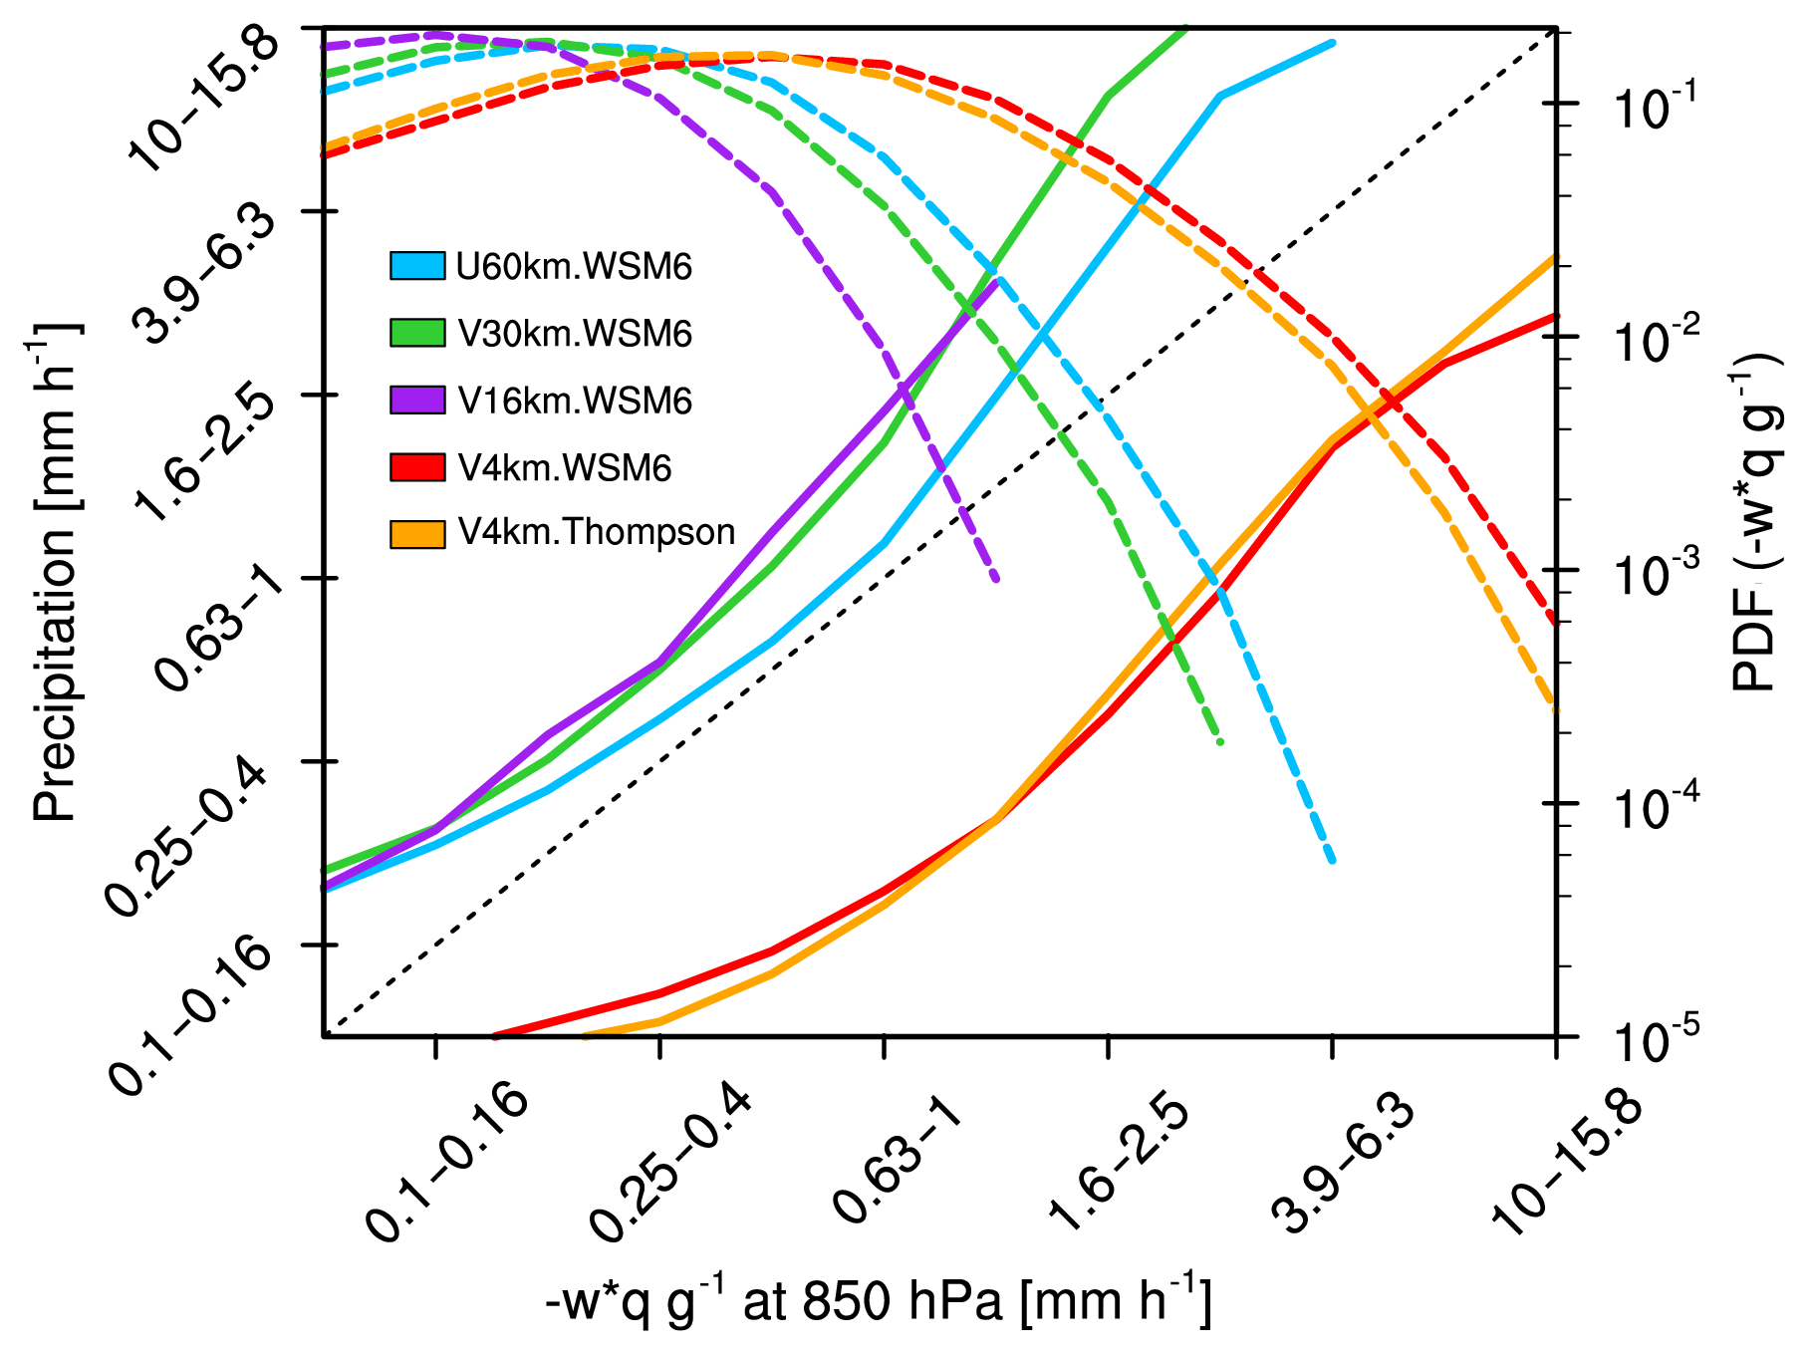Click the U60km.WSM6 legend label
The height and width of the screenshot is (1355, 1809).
click(x=574, y=267)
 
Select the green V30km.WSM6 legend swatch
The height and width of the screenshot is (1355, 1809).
click(x=417, y=333)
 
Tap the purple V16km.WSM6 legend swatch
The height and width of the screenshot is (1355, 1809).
click(x=417, y=400)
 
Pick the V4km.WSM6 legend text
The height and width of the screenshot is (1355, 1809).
click(x=565, y=467)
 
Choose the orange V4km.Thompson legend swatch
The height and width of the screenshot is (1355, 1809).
click(x=417, y=534)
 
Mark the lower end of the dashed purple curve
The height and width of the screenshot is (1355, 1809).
click(x=996, y=579)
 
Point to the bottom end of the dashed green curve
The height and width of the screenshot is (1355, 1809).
click(x=1220, y=742)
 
